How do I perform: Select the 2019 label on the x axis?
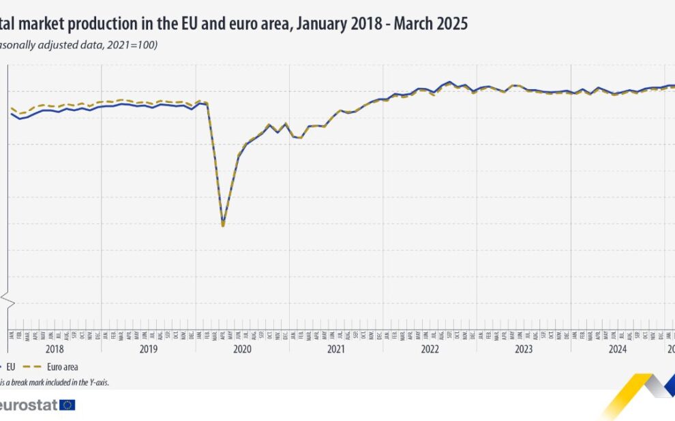coord(148,348)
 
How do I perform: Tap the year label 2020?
coord(242,348)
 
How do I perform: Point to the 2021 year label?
coord(336,348)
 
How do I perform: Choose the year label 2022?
coord(430,348)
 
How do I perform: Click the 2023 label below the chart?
coord(524,348)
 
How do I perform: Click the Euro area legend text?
coord(62,367)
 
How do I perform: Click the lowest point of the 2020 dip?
coord(223,225)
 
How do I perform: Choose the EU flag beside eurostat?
coord(67,405)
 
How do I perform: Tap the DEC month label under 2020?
coord(286,334)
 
